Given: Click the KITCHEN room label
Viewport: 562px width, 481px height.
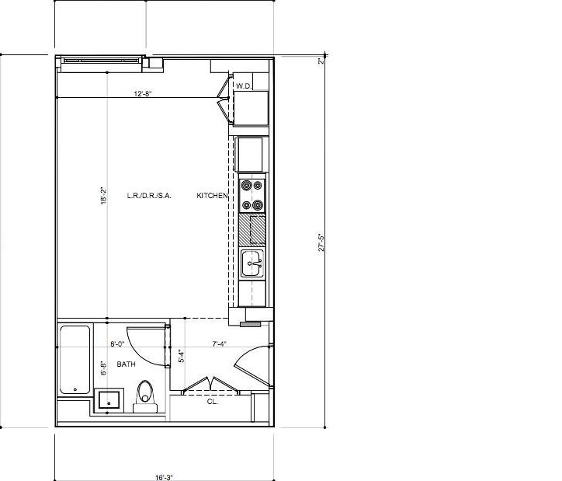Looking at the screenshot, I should tap(211, 196).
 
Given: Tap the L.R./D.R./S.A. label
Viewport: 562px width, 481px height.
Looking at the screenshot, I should tap(149, 196).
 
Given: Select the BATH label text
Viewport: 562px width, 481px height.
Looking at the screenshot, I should tap(127, 364).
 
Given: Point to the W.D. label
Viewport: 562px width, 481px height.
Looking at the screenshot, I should tap(243, 86).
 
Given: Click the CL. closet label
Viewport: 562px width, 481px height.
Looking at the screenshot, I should tap(212, 402).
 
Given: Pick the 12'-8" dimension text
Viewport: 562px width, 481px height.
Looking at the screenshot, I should tap(142, 94).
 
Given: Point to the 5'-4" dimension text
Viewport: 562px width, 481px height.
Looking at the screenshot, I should tap(182, 357).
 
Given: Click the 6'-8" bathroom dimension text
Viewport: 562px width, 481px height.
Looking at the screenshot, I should tap(103, 368).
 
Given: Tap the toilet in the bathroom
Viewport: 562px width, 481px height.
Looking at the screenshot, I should tap(145, 394).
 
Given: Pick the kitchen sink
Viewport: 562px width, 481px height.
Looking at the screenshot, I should tap(252, 263).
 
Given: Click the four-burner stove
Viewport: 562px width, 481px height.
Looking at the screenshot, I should tap(252, 195).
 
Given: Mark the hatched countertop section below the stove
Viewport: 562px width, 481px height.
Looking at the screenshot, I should tap(252, 230).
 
